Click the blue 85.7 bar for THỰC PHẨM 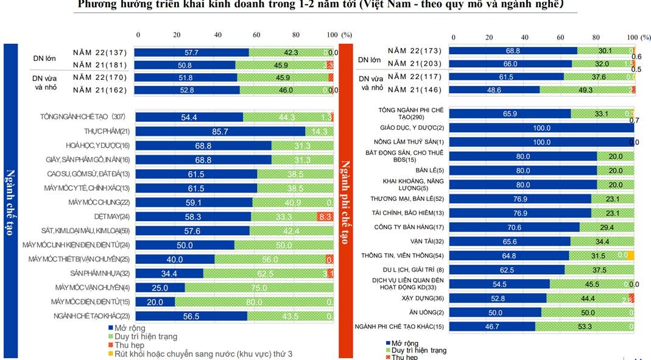219,131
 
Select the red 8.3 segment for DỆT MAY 325,216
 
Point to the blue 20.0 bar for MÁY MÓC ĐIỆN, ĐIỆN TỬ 155,302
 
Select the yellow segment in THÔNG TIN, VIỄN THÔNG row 630,255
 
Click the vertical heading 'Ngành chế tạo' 12,201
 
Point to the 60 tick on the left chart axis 257,35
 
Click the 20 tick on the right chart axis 488,37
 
